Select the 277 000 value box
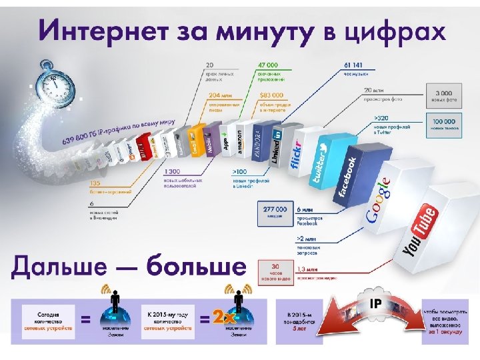pyautogui.click(x=271, y=210)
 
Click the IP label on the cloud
pyautogui.click(x=375, y=303)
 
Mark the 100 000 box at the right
pyautogui.click(x=443, y=125)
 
